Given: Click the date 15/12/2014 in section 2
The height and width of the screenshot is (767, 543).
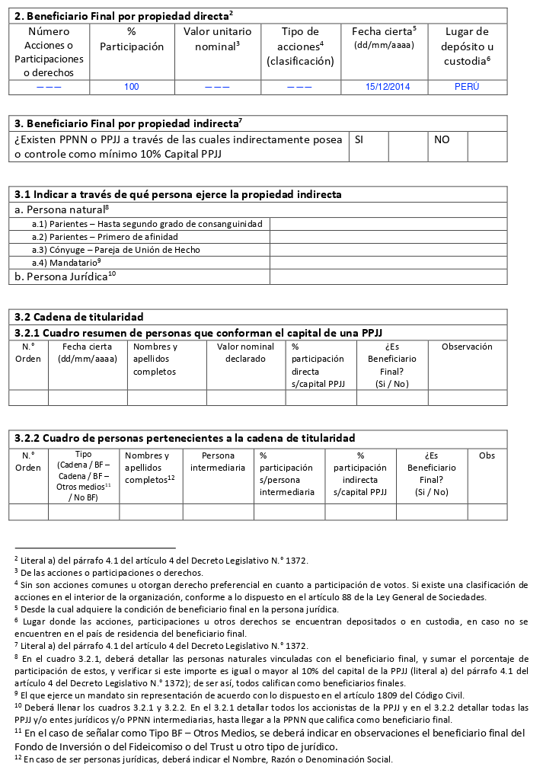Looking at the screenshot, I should [x=387, y=87].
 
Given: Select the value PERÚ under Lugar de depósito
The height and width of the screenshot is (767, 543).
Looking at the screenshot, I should [x=466, y=87].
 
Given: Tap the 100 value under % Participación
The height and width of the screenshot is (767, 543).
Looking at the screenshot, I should [x=132, y=87].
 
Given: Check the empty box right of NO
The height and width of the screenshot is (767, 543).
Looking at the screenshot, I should [x=487, y=146].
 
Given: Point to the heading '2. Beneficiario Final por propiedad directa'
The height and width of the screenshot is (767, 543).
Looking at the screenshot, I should [x=124, y=14].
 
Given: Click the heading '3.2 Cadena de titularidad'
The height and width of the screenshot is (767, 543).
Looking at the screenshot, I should [x=79, y=316].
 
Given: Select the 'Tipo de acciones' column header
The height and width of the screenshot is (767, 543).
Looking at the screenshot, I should [x=300, y=46].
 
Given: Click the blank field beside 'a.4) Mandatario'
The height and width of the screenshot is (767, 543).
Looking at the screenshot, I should [x=388, y=262].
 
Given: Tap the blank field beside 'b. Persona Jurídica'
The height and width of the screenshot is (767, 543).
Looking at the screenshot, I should [x=388, y=276].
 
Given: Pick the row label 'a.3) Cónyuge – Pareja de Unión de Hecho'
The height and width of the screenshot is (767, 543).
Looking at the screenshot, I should [x=116, y=249].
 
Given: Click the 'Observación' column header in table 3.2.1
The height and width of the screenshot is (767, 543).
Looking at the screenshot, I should [x=467, y=347].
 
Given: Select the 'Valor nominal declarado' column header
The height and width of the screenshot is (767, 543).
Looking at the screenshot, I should [x=245, y=353].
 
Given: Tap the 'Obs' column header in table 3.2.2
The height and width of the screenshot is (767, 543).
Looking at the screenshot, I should [x=487, y=455].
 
